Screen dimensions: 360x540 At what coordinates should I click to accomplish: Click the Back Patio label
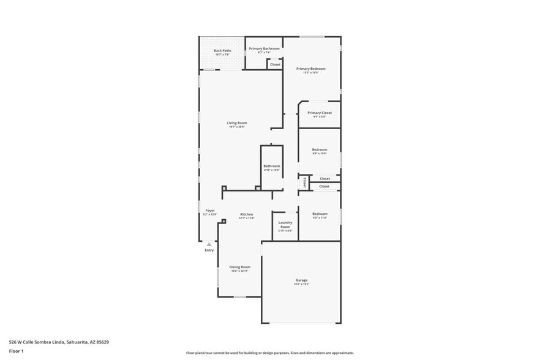coord(222,51)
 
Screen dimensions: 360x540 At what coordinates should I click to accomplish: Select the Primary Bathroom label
coord(264,48)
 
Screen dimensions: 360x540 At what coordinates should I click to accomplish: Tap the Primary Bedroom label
coord(311,69)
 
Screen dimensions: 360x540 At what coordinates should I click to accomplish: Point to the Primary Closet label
coord(320,113)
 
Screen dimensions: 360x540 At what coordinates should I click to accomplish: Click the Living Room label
coord(237,123)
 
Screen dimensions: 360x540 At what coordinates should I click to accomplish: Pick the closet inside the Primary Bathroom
coord(276,64)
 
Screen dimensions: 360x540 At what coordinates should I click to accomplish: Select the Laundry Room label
coord(285,225)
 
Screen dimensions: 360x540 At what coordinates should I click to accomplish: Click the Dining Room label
coord(240,267)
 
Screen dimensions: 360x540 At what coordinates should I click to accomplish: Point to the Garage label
coord(301,280)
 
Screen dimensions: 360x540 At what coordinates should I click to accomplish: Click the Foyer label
coord(210,211)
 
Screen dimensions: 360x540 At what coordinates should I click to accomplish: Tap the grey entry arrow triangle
coord(209,244)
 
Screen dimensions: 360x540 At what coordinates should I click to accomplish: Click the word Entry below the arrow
coord(209,250)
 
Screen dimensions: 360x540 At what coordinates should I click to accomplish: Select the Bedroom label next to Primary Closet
coord(320,149)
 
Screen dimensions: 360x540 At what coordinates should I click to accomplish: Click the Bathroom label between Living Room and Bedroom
coord(272,166)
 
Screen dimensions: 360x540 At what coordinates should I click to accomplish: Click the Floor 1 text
coord(17,352)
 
